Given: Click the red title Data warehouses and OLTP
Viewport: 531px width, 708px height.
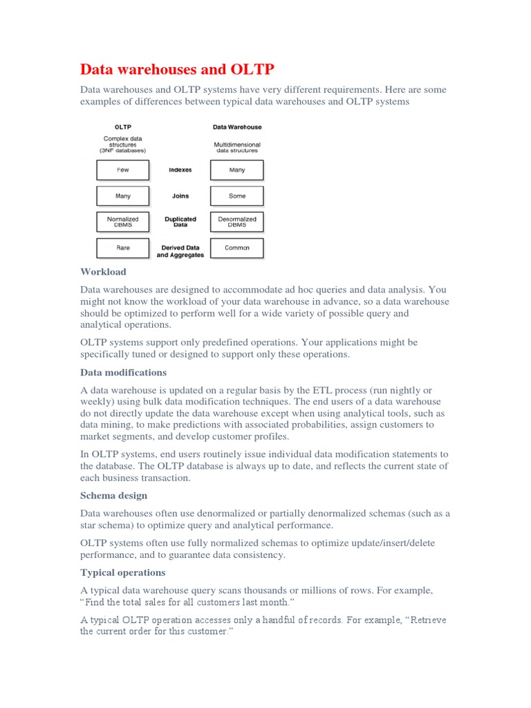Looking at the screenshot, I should [x=177, y=69].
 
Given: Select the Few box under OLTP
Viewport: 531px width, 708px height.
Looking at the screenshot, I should [x=123, y=170].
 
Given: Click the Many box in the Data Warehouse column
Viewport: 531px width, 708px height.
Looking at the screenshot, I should [x=237, y=170].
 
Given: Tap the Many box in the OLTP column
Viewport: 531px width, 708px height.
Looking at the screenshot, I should [x=123, y=196].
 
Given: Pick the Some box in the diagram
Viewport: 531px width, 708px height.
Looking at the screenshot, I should [x=237, y=196].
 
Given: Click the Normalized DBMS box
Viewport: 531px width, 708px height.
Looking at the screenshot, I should [x=123, y=222].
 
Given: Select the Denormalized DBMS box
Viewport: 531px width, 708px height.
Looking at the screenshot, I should [x=237, y=222].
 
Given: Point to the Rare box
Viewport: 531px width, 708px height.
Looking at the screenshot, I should [x=123, y=248].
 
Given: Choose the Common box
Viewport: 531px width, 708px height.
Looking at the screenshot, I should [x=237, y=248].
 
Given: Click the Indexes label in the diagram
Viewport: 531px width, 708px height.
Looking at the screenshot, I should [x=180, y=170].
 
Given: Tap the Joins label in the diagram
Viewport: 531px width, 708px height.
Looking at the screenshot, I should [x=180, y=196].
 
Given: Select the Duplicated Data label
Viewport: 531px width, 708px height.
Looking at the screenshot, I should [x=180, y=222].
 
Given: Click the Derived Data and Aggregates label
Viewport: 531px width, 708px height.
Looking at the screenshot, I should [x=180, y=251].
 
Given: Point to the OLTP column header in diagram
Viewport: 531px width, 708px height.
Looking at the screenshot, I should [x=123, y=127].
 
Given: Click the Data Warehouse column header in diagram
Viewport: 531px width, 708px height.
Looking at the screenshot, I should [x=237, y=127].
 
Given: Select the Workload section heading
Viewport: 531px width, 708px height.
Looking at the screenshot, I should [x=103, y=272].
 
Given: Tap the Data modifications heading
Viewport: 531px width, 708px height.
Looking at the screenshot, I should [x=123, y=373].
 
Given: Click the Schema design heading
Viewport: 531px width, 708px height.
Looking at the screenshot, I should [x=113, y=496].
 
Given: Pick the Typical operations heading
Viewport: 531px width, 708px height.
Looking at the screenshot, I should [x=122, y=572].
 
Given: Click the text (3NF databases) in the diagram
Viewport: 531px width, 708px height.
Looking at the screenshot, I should [x=123, y=150].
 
